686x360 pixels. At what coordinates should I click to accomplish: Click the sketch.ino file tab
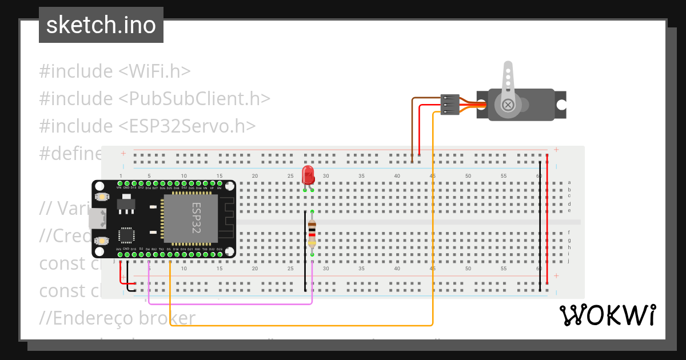(101, 25)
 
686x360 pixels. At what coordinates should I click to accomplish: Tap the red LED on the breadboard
(308, 174)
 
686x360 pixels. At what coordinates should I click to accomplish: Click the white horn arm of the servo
(507, 80)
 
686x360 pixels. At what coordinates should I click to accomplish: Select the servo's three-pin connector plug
(450, 105)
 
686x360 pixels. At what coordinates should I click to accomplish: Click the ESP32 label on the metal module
(196, 217)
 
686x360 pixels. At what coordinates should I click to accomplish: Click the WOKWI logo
(607, 315)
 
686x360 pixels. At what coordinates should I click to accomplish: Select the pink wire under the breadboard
(229, 303)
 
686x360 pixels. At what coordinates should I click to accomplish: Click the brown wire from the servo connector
(412, 126)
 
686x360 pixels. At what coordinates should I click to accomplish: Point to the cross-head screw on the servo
(508, 105)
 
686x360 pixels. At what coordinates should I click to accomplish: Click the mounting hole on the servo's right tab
(561, 105)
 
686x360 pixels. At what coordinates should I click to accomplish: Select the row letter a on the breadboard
(569, 182)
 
